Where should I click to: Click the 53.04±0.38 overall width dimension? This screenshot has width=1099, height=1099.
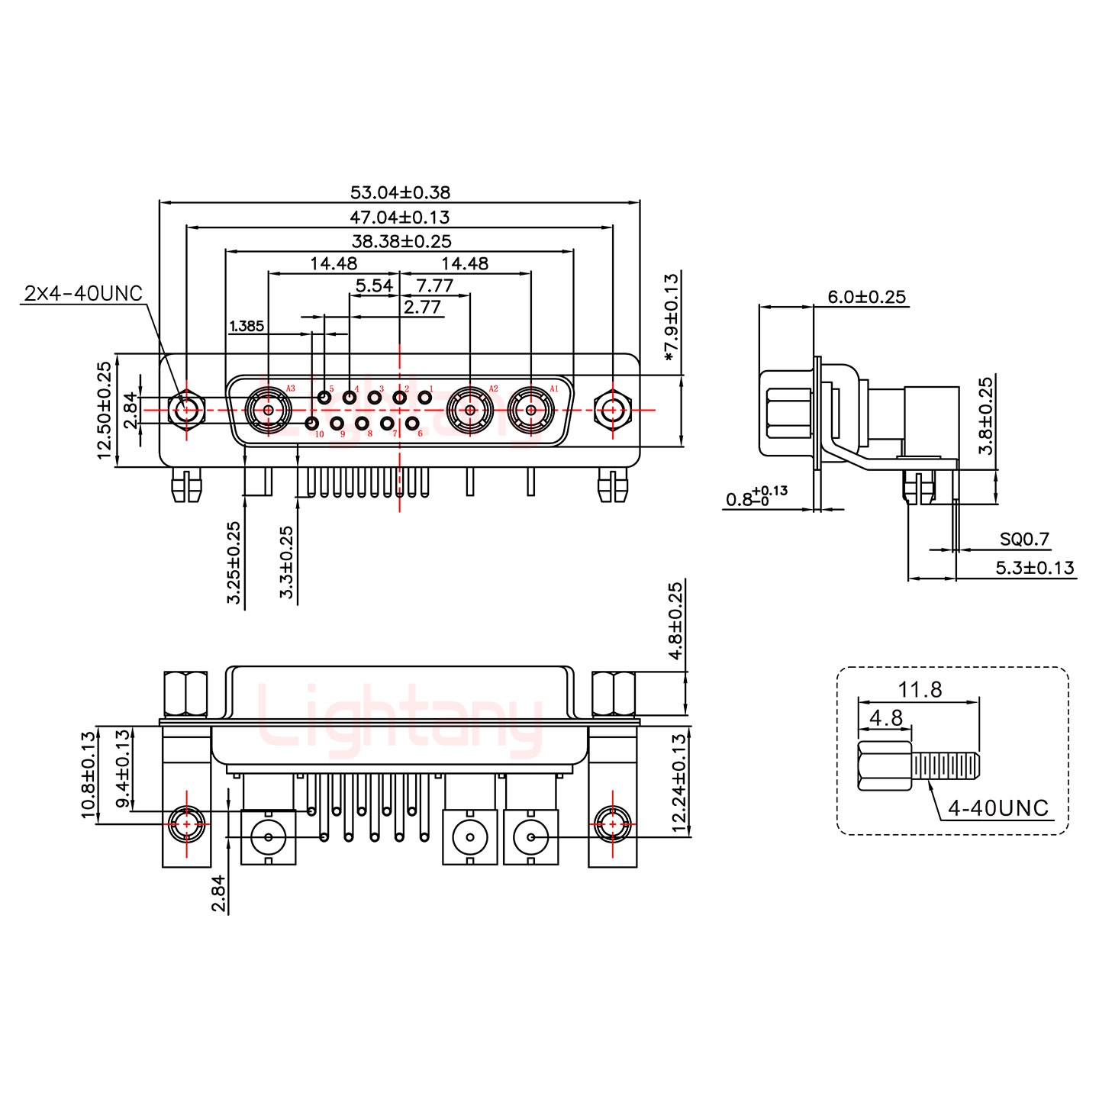pos(399,192)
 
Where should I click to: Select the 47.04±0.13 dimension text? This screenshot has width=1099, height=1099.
pos(399,217)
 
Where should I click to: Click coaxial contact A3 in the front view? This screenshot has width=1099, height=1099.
pos(269,410)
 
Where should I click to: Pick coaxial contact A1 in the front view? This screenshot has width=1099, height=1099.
pos(531,410)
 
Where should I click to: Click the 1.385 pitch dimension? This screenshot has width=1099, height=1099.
pos(247,327)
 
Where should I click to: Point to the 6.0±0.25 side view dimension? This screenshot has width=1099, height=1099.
pos(868,297)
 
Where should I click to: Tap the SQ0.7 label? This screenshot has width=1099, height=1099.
pos(1025,540)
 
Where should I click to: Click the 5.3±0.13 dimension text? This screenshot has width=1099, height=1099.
pos(1034,567)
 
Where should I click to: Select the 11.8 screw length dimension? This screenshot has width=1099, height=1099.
pos(919,690)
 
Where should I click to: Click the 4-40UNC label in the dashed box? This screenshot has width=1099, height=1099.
pos(998,807)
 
